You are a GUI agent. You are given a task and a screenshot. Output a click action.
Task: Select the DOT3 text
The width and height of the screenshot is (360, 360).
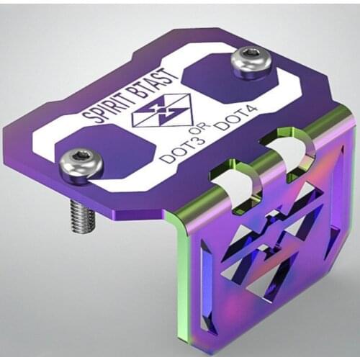pos(175,149)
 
